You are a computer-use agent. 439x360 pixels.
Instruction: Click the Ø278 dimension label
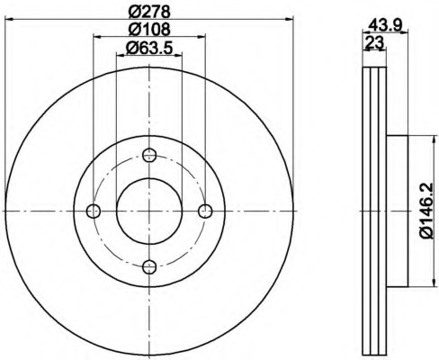click(149, 13)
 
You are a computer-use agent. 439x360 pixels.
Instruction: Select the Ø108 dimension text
click(149, 30)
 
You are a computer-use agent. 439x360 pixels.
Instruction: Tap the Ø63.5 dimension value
click(149, 48)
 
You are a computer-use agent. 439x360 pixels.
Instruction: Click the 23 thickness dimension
click(374, 42)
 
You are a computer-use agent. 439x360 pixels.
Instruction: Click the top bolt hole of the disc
click(149, 155)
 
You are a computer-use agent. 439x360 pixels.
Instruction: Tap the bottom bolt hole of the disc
click(149, 266)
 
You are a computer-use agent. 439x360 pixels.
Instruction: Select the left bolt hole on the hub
click(94, 211)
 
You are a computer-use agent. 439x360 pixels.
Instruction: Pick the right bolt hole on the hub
click(205, 211)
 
